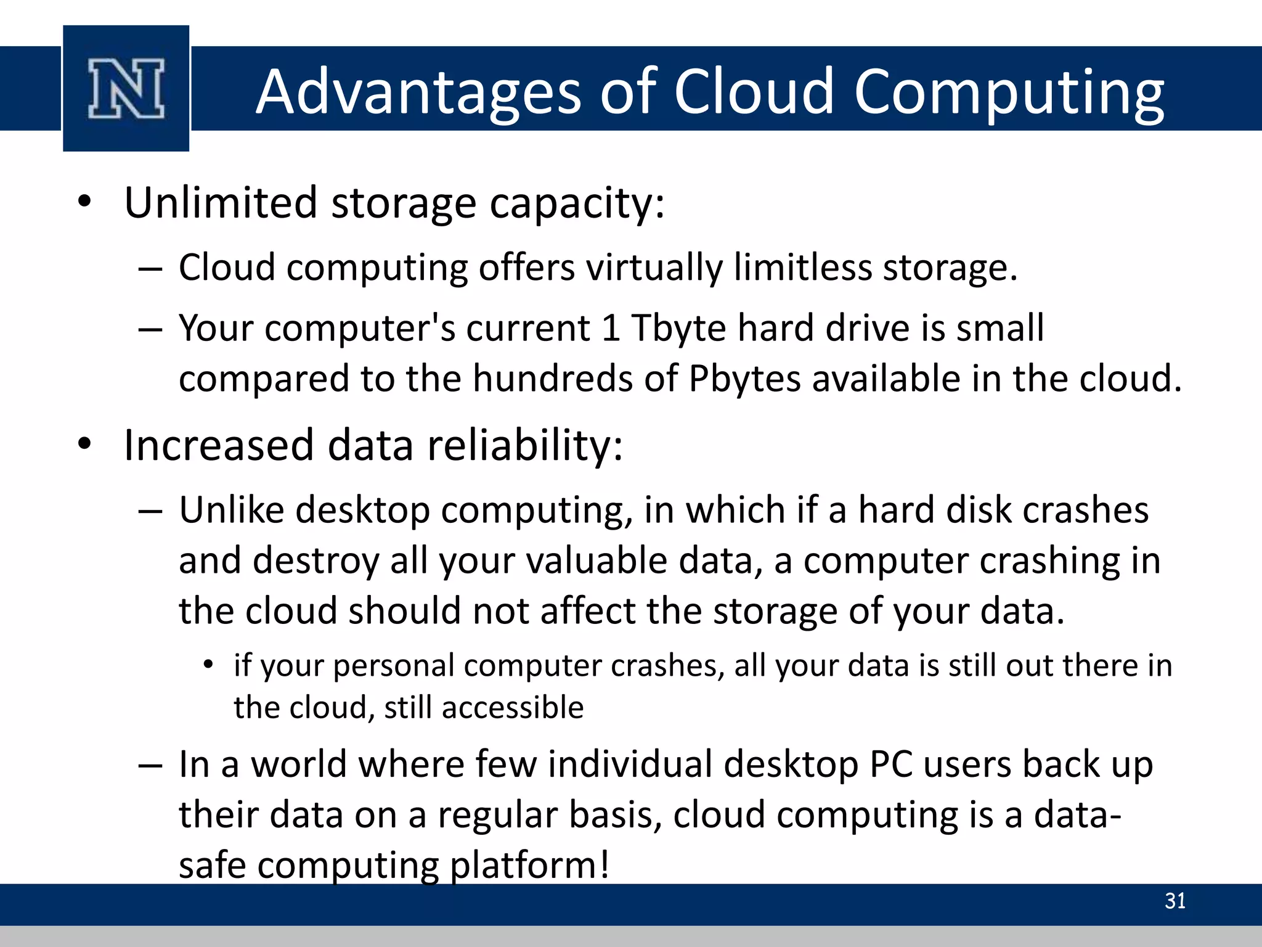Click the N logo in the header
point(126,88)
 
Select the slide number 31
point(1175,901)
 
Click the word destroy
point(315,561)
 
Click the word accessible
point(513,707)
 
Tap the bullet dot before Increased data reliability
point(84,444)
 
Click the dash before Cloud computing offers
point(150,269)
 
